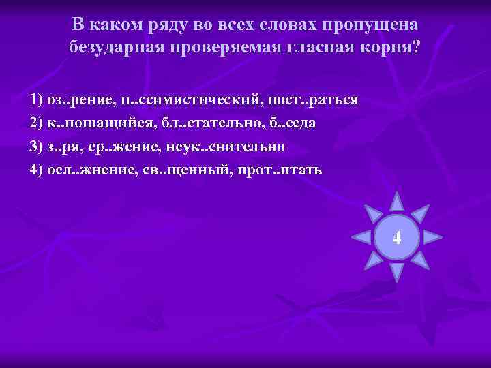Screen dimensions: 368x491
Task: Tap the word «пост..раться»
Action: click(x=314, y=100)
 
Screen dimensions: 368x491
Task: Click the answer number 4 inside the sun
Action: click(x=397, y=238)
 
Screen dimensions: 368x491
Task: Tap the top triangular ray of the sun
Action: click(x=397, y=202)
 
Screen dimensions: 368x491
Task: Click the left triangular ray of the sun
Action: click(x=360, y=237)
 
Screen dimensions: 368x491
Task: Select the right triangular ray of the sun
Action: click(x=433, y=237)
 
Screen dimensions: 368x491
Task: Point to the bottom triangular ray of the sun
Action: click(x=397, y=273)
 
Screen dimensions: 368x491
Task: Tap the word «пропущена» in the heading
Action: click(x=371, y=25)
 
